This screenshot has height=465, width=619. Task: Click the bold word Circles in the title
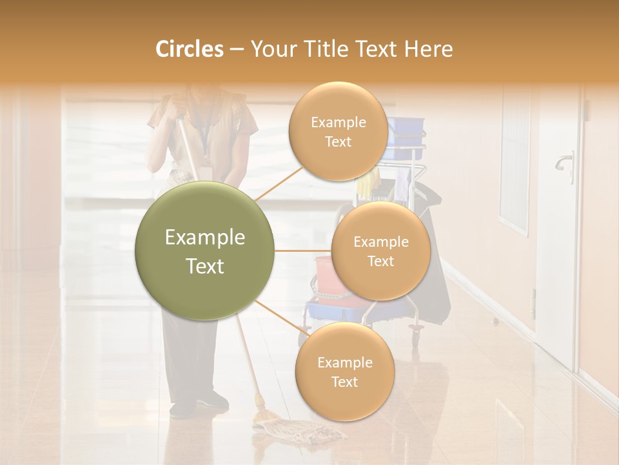[x=189, y=49]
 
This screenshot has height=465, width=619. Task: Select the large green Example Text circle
[x=205, y=251]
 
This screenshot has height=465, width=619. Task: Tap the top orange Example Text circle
[x=338, y=132]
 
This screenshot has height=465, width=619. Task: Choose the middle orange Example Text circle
[x=380, y=251]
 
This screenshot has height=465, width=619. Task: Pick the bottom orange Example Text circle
[x=344, y=371]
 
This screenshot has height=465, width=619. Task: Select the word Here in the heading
[x=429, y=49]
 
